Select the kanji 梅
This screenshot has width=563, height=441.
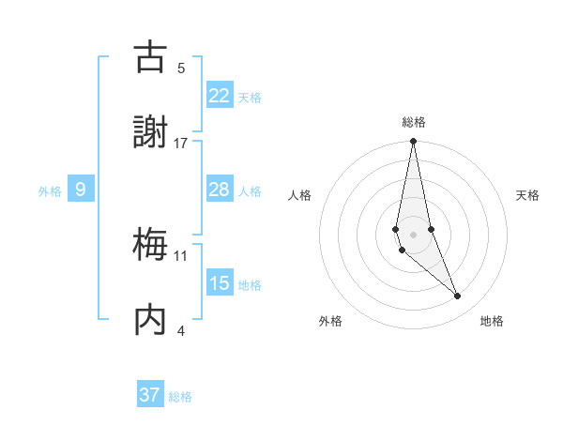pos(150,246)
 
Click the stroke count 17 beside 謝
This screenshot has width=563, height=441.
pos(181,144)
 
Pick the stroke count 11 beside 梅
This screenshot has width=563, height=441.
pos(181,255)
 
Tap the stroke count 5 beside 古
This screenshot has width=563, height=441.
pos(181,68)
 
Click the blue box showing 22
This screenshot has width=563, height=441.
pos(219,95)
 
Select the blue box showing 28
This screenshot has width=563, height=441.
pos(219,190)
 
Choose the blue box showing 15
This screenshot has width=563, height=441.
pos(219,283)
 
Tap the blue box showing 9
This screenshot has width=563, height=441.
pos(81,190)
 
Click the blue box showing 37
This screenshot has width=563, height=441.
pos(150,395)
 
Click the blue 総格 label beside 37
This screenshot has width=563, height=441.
pos(180,397)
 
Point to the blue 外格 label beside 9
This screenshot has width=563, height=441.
pos(50,191)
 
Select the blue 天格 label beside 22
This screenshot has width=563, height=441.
pos(250,97)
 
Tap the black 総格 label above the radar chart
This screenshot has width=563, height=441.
pos(414,122)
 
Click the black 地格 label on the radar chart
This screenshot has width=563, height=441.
pos(492,321)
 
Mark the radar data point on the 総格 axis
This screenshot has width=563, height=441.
pos(414,142)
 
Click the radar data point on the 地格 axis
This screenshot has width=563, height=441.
pos(458,297)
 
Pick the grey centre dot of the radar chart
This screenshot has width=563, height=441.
pos(414,234)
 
